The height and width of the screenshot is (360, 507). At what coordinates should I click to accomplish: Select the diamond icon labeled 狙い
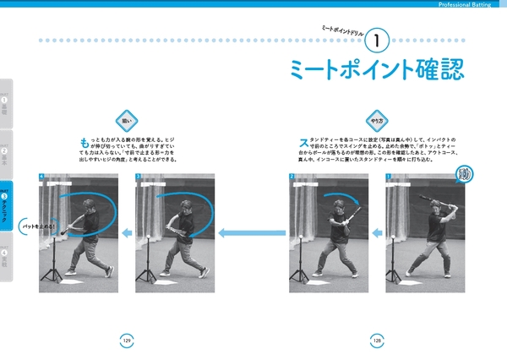126,119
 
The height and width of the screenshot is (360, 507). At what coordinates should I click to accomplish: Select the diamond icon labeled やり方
373,119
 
